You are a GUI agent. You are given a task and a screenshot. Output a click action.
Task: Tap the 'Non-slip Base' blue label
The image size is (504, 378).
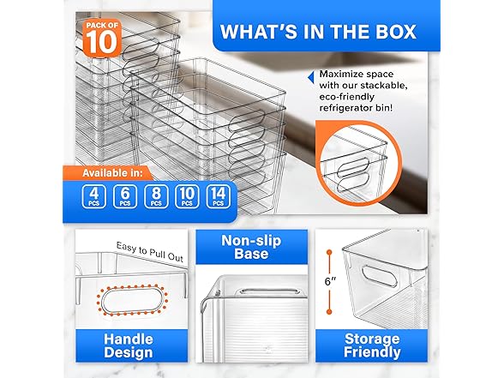coord(251,246)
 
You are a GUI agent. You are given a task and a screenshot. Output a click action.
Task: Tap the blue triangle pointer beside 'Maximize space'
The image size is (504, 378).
coord(311,76)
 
